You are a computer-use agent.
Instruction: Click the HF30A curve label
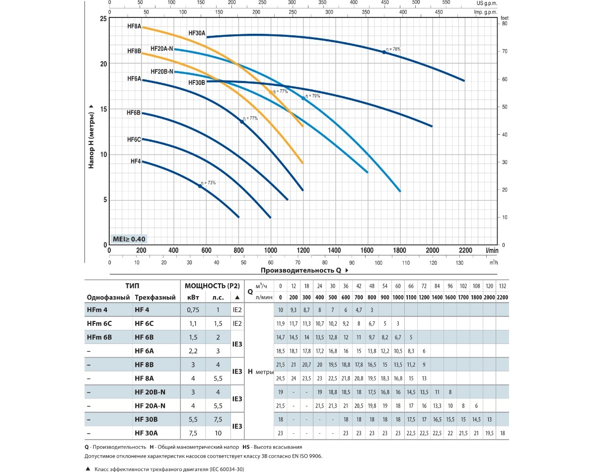197,33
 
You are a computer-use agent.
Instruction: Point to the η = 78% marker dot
384,52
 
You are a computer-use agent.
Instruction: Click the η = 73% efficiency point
200,186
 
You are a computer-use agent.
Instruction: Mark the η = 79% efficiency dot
303,98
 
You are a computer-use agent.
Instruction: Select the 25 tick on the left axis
103,19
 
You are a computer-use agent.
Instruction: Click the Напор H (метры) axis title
91,136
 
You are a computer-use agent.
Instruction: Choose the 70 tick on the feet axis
505,52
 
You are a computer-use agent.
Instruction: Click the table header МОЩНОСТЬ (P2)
212,286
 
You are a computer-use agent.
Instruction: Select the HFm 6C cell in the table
99,323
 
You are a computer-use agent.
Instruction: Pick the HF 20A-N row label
150,405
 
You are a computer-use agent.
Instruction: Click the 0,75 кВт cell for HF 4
192,310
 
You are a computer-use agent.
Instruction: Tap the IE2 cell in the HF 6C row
237,323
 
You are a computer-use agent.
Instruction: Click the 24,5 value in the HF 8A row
281,378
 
